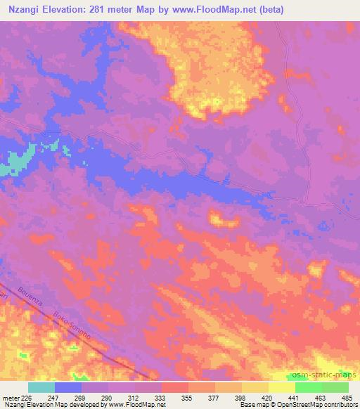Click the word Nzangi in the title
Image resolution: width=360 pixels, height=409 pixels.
22,11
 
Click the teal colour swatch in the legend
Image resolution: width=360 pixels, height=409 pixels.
41,387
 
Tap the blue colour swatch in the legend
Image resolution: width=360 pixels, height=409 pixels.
68,387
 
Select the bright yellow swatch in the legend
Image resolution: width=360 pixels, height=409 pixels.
282,387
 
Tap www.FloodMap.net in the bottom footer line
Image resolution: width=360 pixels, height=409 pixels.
134,405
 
